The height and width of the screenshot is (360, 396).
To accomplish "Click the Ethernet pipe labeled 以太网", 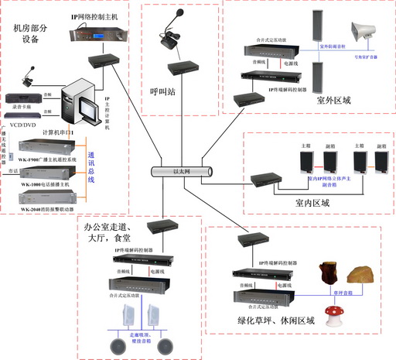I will (181, 171).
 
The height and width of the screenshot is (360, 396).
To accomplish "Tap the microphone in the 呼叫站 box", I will (170, 36).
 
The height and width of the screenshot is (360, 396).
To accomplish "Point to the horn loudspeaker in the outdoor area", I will (363, 32).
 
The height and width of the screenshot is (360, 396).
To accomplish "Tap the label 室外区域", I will (333, 100).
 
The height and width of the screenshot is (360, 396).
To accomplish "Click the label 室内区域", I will (312, 203).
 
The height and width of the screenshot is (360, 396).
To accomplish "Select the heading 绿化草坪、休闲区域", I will (277, 320).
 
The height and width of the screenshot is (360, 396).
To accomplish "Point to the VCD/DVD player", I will (22, 112).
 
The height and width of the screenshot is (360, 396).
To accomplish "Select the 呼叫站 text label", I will (163, 90).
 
